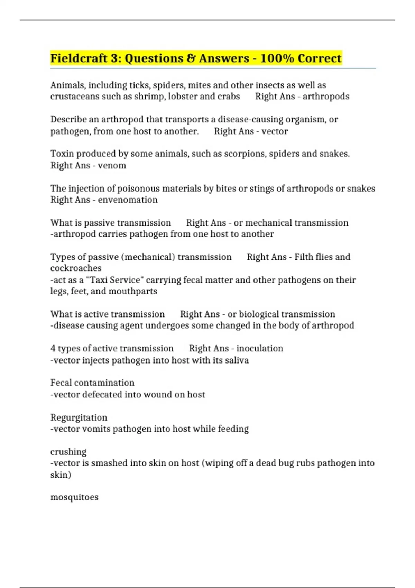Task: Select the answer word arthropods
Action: tap(326, 97)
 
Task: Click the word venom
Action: tap(112, 166)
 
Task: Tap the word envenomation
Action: tap(128, 200)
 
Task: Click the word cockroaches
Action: tap(76, 268)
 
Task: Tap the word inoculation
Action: tap(260, 348)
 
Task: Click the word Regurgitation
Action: tap(79, 417)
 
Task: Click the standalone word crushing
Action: tap(68, 452)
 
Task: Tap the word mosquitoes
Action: tap(74, 497)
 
